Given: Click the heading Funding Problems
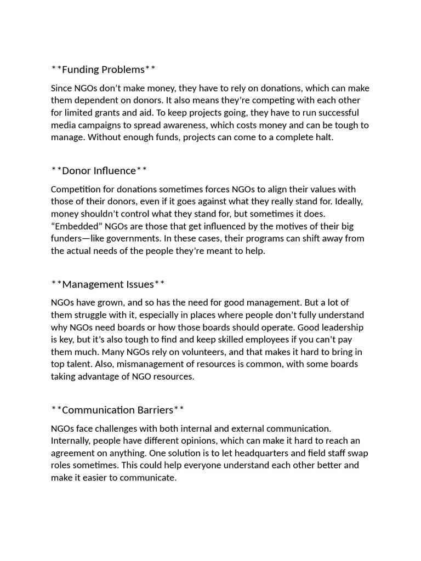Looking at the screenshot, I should [x=103, y=70].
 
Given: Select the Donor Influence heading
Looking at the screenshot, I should [x=99, y=171].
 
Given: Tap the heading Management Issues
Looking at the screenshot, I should [x=108, y=284].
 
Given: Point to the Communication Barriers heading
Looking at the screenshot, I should [x=117, y=410].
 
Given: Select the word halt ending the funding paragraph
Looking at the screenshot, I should [x=323, y=138].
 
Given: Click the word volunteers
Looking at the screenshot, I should [x=172, y=352].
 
